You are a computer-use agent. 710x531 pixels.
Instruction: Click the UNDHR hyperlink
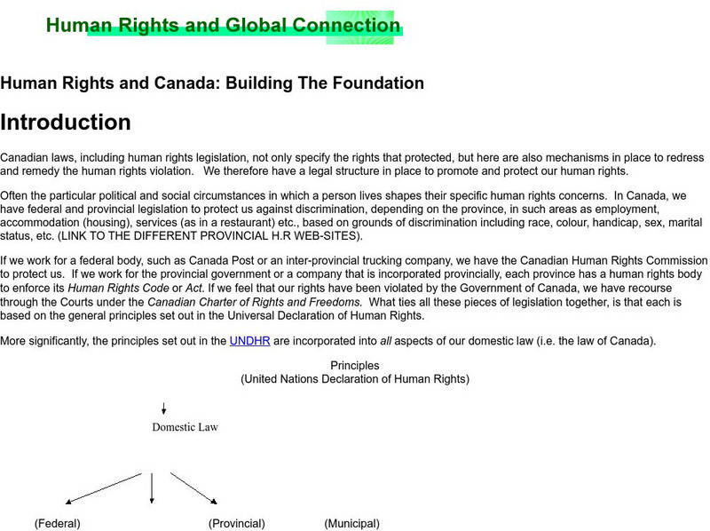[244, 340]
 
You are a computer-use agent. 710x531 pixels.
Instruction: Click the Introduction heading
[66, 123]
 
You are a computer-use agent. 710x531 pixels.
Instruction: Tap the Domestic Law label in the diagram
[185, 427]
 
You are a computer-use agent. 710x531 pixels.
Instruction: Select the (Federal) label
[58, 524]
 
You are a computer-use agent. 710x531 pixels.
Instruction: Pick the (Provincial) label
[237, 524]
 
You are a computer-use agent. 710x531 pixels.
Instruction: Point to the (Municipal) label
[351, 524]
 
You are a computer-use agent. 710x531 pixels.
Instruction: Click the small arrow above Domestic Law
[164, 408]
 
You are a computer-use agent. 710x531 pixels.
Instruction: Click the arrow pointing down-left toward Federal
[103, 489]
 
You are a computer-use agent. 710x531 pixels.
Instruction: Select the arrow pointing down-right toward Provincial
[193, 489]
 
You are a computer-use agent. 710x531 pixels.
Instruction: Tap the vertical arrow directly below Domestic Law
[152, 488]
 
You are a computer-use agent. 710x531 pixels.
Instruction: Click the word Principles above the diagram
[355, 366]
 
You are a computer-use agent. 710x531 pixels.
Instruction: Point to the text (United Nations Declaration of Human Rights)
[355, 379]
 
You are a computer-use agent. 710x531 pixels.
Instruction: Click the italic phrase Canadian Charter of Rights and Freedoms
[254, 303]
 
